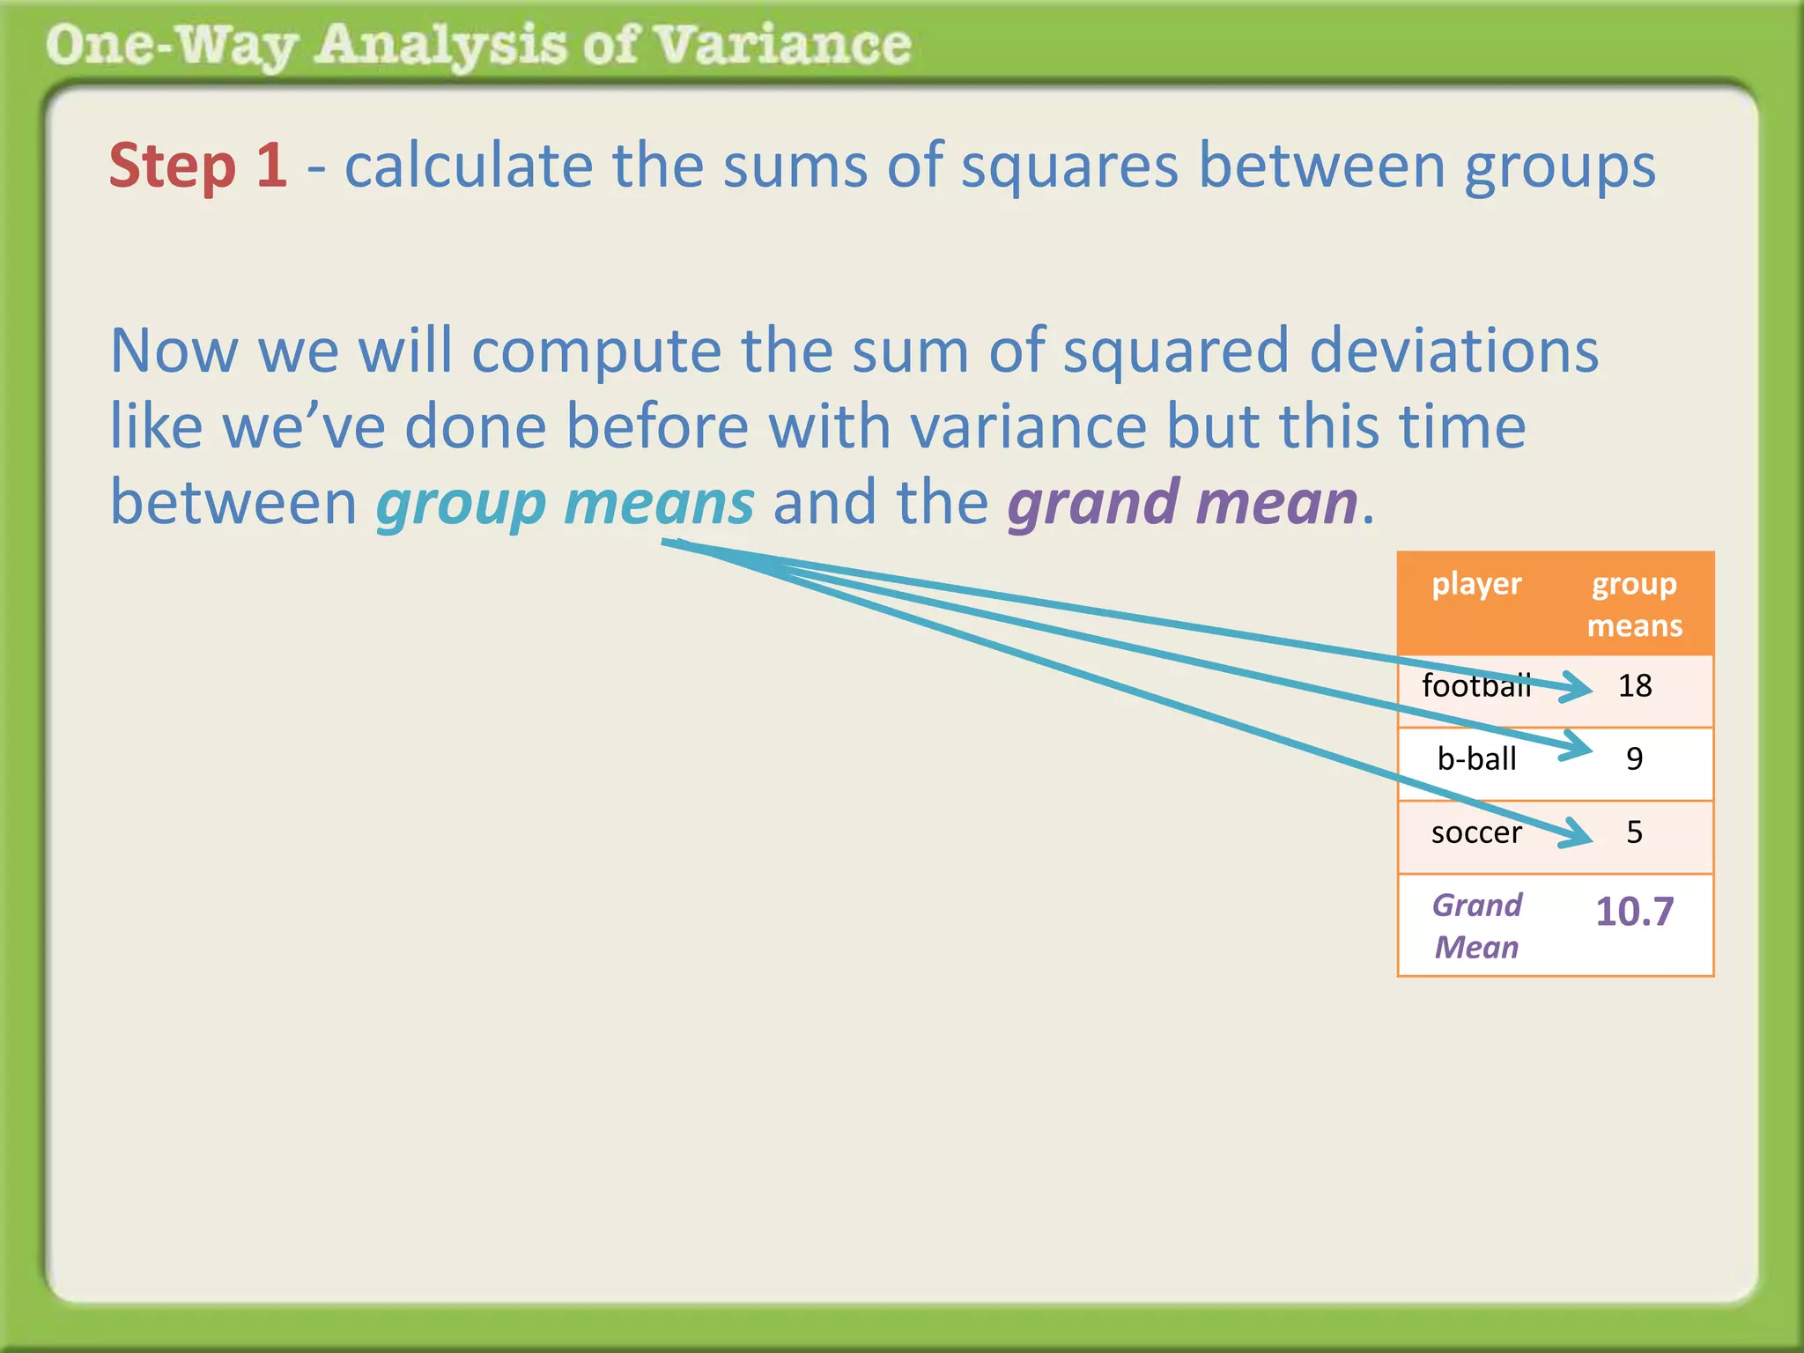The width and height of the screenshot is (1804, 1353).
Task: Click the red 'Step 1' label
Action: tap(198, 166)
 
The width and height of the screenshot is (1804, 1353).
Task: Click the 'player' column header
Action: tap(1476, 584)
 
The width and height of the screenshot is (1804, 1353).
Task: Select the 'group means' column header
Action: tap(1634, 604)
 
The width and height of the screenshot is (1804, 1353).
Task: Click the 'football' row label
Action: tap(1475, 685)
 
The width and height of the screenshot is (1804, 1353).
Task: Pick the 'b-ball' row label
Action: tap(1476, 758)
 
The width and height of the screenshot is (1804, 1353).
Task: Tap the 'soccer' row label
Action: tap(1476, 832)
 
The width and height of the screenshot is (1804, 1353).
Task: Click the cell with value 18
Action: tap(1635, 685)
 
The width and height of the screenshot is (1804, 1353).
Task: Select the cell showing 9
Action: tap(1635, 758)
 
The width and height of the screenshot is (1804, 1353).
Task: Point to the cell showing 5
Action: tap(1635, 832)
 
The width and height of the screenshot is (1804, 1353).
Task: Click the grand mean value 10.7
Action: tap(1635, 912)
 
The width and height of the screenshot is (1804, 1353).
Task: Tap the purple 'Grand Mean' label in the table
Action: tap(1477, 926)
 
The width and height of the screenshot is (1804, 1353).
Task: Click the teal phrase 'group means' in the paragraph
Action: tap(565, 503)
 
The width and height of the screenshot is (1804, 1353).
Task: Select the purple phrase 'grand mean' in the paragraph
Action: tap(1183, 503)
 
